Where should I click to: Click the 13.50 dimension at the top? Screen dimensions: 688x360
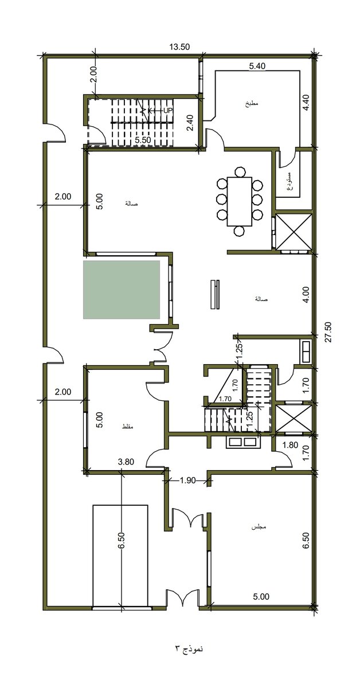pyautogui.click(x=180, y=48)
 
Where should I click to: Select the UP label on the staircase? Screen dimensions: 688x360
pyautogui.click(x=168, y=110)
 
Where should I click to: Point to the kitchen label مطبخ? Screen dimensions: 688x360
pyautogui.click(x=251, y=104)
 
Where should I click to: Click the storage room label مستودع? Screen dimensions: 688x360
pyautogui.click(x=290, y=180)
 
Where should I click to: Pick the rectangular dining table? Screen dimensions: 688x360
pyautogui.click(x=240, y=202)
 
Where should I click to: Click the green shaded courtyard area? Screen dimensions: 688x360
pyautogui.click(x=122, y=290)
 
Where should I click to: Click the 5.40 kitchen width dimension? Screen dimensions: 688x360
pyautogui.click(x=257, y=67)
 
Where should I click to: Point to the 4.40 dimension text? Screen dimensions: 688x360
pyautogui.click(x=306, y=101)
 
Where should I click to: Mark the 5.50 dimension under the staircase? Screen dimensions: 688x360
pyautogui.click(x=143, y=139)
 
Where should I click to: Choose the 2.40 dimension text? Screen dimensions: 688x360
pyautogui.click(x=191, y=123)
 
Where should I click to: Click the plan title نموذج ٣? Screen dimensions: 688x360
pyautogui.click(x=189, y=649)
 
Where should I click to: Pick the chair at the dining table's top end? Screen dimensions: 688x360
pyautogui.click(x=240, y=170)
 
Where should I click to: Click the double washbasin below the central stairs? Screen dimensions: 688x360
pyautogui.click(x=243, y=442)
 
